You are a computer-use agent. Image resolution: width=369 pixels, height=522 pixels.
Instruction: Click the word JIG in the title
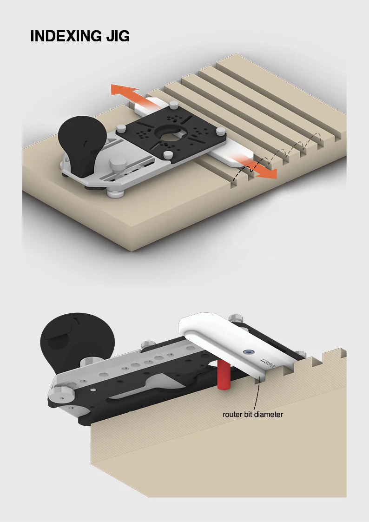click(x=118, y=36)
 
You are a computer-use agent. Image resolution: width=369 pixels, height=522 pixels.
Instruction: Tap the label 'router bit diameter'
click(x=253, y=415)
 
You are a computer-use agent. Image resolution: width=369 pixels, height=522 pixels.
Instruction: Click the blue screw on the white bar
click(x=248, y=352)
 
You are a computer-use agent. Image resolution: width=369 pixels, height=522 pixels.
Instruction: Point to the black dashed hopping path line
click(x=279, y=154)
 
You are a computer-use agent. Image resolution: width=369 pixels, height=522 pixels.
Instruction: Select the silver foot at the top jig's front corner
click(x=114, y=193)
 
